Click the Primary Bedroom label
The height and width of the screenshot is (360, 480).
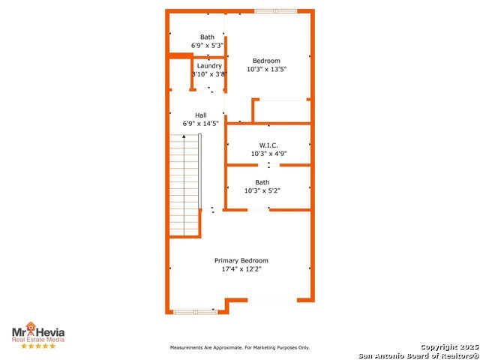tap(241, 261)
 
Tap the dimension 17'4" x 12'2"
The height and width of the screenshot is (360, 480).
tap(241, 269)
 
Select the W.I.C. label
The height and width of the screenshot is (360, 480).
tap(268, 145)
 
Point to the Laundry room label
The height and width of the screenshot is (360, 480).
tap(209, 66)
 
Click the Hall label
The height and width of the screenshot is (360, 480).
tap(201, 115)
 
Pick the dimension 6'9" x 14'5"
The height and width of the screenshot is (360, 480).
tap(201, 124)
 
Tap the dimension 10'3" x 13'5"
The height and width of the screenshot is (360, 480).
tap(267, 69)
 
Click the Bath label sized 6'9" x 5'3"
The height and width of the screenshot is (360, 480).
tap(207, 37)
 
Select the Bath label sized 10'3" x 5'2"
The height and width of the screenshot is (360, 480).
tap(262, 182)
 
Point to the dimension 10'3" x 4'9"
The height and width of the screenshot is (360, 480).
tap(268, 154)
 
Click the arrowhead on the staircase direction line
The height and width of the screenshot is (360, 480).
tap(184, 136)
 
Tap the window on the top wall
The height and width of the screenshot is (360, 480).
tap(275, 11)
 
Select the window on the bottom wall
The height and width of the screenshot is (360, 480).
tap(196, 312)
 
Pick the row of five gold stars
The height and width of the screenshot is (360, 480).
tap(38, 346)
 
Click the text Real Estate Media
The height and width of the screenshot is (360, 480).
tap(38, 340)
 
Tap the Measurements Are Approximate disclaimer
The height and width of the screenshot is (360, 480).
tap(240, 348)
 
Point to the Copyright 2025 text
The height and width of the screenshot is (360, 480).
tap(449, 347)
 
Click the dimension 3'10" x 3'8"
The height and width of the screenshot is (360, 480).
tap(209, 74)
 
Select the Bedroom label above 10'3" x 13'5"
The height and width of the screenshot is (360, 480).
tap(266, 61)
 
